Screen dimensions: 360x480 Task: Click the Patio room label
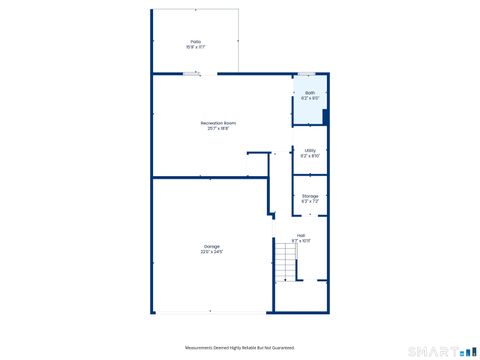tap(196, 41)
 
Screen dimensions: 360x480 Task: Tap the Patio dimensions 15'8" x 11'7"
tap(196, 47)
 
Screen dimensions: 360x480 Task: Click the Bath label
tap(310, 92)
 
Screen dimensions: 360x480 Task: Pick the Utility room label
tap(310, 150)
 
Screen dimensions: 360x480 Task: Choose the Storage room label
tap(310, 196)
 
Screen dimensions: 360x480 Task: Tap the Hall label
tap(300, 236)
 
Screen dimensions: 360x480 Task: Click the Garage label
tap(212, 246)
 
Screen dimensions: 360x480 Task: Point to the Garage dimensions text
tap(212, 252)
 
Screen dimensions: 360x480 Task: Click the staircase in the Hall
tap(286, 262)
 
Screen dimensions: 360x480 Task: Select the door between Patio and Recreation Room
tap(191, 72)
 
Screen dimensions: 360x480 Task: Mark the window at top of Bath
tap(307, 73)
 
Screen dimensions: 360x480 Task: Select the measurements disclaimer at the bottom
tap(240, 347)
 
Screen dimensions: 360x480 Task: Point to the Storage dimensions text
tap(310, 202)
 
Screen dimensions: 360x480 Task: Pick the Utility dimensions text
tap(310, 156)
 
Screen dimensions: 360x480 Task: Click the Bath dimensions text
tap(310, 98)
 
